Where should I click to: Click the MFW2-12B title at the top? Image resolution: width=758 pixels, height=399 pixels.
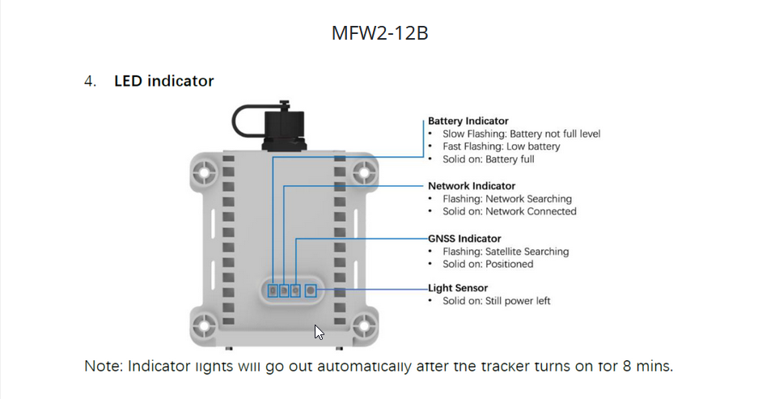coord(379,33)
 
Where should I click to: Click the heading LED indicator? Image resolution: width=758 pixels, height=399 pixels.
coord(164,81)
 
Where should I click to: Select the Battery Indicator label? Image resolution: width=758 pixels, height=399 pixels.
coord(468,121)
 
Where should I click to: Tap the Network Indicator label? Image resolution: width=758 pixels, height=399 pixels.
coord(472,185)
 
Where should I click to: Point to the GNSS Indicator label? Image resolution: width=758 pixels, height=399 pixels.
coord(464,239)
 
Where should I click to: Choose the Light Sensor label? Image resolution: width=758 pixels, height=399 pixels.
coord(457,288)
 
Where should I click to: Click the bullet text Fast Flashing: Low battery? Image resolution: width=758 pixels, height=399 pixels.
coord(501,146)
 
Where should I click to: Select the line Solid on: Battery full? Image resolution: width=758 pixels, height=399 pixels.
coord(489,159)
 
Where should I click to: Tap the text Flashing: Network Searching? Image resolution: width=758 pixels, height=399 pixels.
coord(506,199)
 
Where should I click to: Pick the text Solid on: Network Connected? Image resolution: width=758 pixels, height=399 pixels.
coord(509,211)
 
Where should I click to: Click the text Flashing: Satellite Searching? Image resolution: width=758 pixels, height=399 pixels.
coord(505,252)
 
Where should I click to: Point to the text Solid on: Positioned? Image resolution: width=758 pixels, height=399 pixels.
coord(488,264)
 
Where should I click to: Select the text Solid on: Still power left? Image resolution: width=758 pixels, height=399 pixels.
coord(496,301)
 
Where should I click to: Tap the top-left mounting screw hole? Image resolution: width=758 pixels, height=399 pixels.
coord(205,172)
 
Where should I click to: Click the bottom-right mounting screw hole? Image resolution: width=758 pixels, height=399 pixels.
coord(364,325)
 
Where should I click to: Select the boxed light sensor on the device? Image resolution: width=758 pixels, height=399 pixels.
coord(311,291)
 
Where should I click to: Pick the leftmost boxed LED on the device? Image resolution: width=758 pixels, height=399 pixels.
coord(273,291)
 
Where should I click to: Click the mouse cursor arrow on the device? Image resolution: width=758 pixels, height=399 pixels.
coord(319,332)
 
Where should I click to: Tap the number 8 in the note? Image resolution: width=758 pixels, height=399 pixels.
coord(627,366)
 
